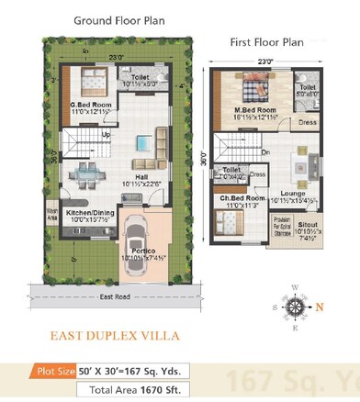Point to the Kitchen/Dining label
pyautogui.click(x=90, y=215)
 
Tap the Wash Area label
pyautogui.click(x=51, y=218)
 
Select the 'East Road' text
pyautogui.click(x=114, y=297)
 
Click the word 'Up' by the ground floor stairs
pyautogui.click(x=106, y=135)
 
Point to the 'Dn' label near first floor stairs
pyautogui.click(x=265, y=151)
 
